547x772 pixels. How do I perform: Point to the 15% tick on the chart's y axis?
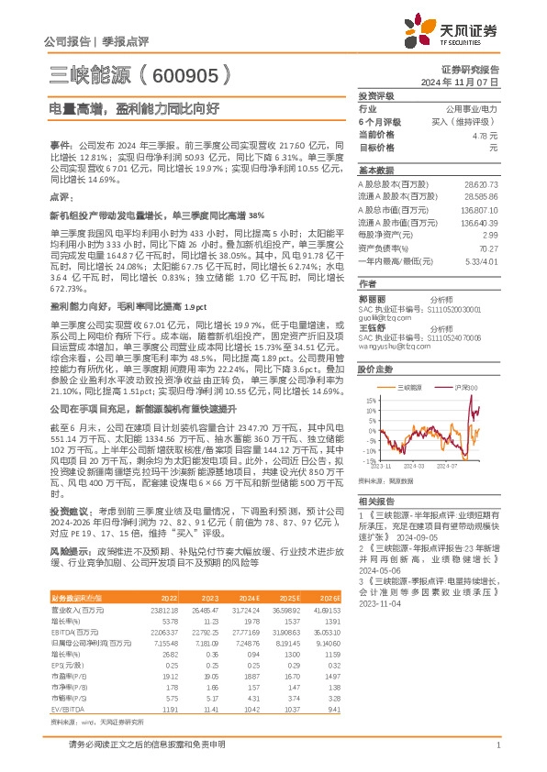pos(370,401)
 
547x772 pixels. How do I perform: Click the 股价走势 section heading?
pos(376,368)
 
